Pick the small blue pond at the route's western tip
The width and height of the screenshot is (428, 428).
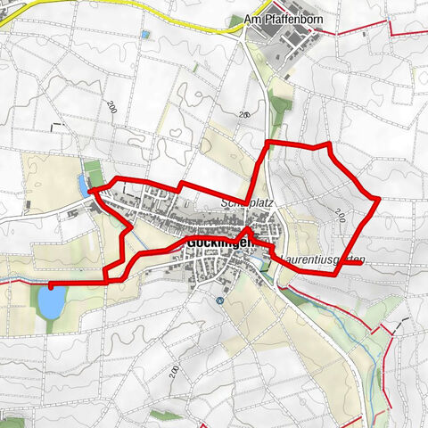(83, 185)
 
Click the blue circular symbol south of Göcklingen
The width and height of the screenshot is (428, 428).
(219, 300)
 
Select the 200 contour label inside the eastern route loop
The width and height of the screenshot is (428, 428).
(341, 214)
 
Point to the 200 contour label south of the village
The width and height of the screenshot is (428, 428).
(175, 371)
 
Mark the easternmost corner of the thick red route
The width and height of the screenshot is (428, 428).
(379, 198)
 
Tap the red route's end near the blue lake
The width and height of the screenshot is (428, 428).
(50, 286)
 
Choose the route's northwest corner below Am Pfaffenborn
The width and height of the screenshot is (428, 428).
(269, 143)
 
